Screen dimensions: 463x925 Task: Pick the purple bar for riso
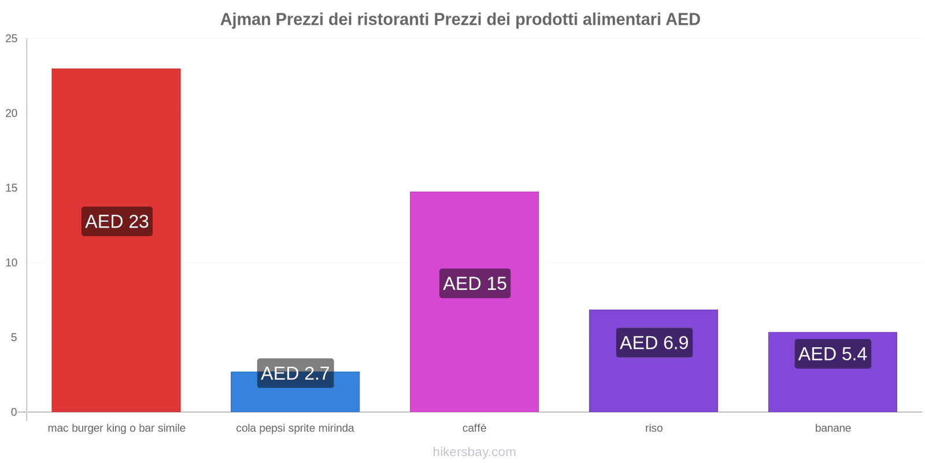(x=653, y=382)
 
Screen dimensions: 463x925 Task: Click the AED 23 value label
(x=117, y=222)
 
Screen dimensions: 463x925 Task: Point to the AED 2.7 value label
(x=295, y=373)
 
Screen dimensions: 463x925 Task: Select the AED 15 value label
(x=475, y=284)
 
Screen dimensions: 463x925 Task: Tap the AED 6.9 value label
(x=654, y=343)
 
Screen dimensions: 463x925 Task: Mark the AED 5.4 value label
(x=832, y=354)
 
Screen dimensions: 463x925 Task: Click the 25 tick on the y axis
(x=12, y=39)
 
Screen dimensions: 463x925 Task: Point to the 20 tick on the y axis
(x=12, y=113)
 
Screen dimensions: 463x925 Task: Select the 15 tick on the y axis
(x=12, y=188)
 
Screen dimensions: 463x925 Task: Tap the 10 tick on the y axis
(x=12, y=263)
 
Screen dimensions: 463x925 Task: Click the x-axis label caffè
(x=474, y=428)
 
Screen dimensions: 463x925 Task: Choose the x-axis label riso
(x=654, y=428)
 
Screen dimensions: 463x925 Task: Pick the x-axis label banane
(x=832, y=428)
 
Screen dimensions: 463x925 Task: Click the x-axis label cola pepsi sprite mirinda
(x=295, y=428)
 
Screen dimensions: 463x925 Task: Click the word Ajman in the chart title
(x=245, y=20)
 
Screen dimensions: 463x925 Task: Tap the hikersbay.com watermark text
(x=474, y=452)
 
